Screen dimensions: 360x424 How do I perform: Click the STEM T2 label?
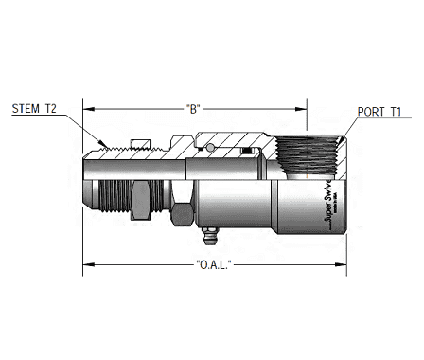34,109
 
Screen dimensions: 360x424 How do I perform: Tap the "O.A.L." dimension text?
215,263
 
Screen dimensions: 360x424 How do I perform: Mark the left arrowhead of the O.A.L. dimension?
87,263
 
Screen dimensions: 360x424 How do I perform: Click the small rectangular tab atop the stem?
140,145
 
